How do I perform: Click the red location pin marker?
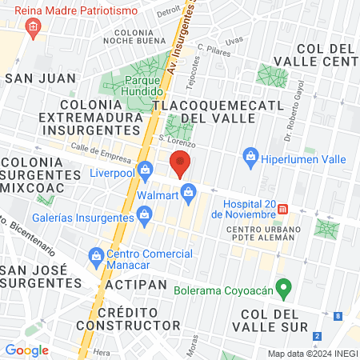click(181, 164)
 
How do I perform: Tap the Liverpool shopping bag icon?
click(145, 170)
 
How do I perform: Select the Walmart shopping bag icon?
click(189, 192)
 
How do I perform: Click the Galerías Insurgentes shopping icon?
click(145, 213)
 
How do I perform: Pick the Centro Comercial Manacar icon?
click(94, 254)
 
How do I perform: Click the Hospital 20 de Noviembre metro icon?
click(282, 210)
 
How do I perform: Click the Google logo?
click(26, 350)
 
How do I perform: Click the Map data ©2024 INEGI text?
click(312, 354)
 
